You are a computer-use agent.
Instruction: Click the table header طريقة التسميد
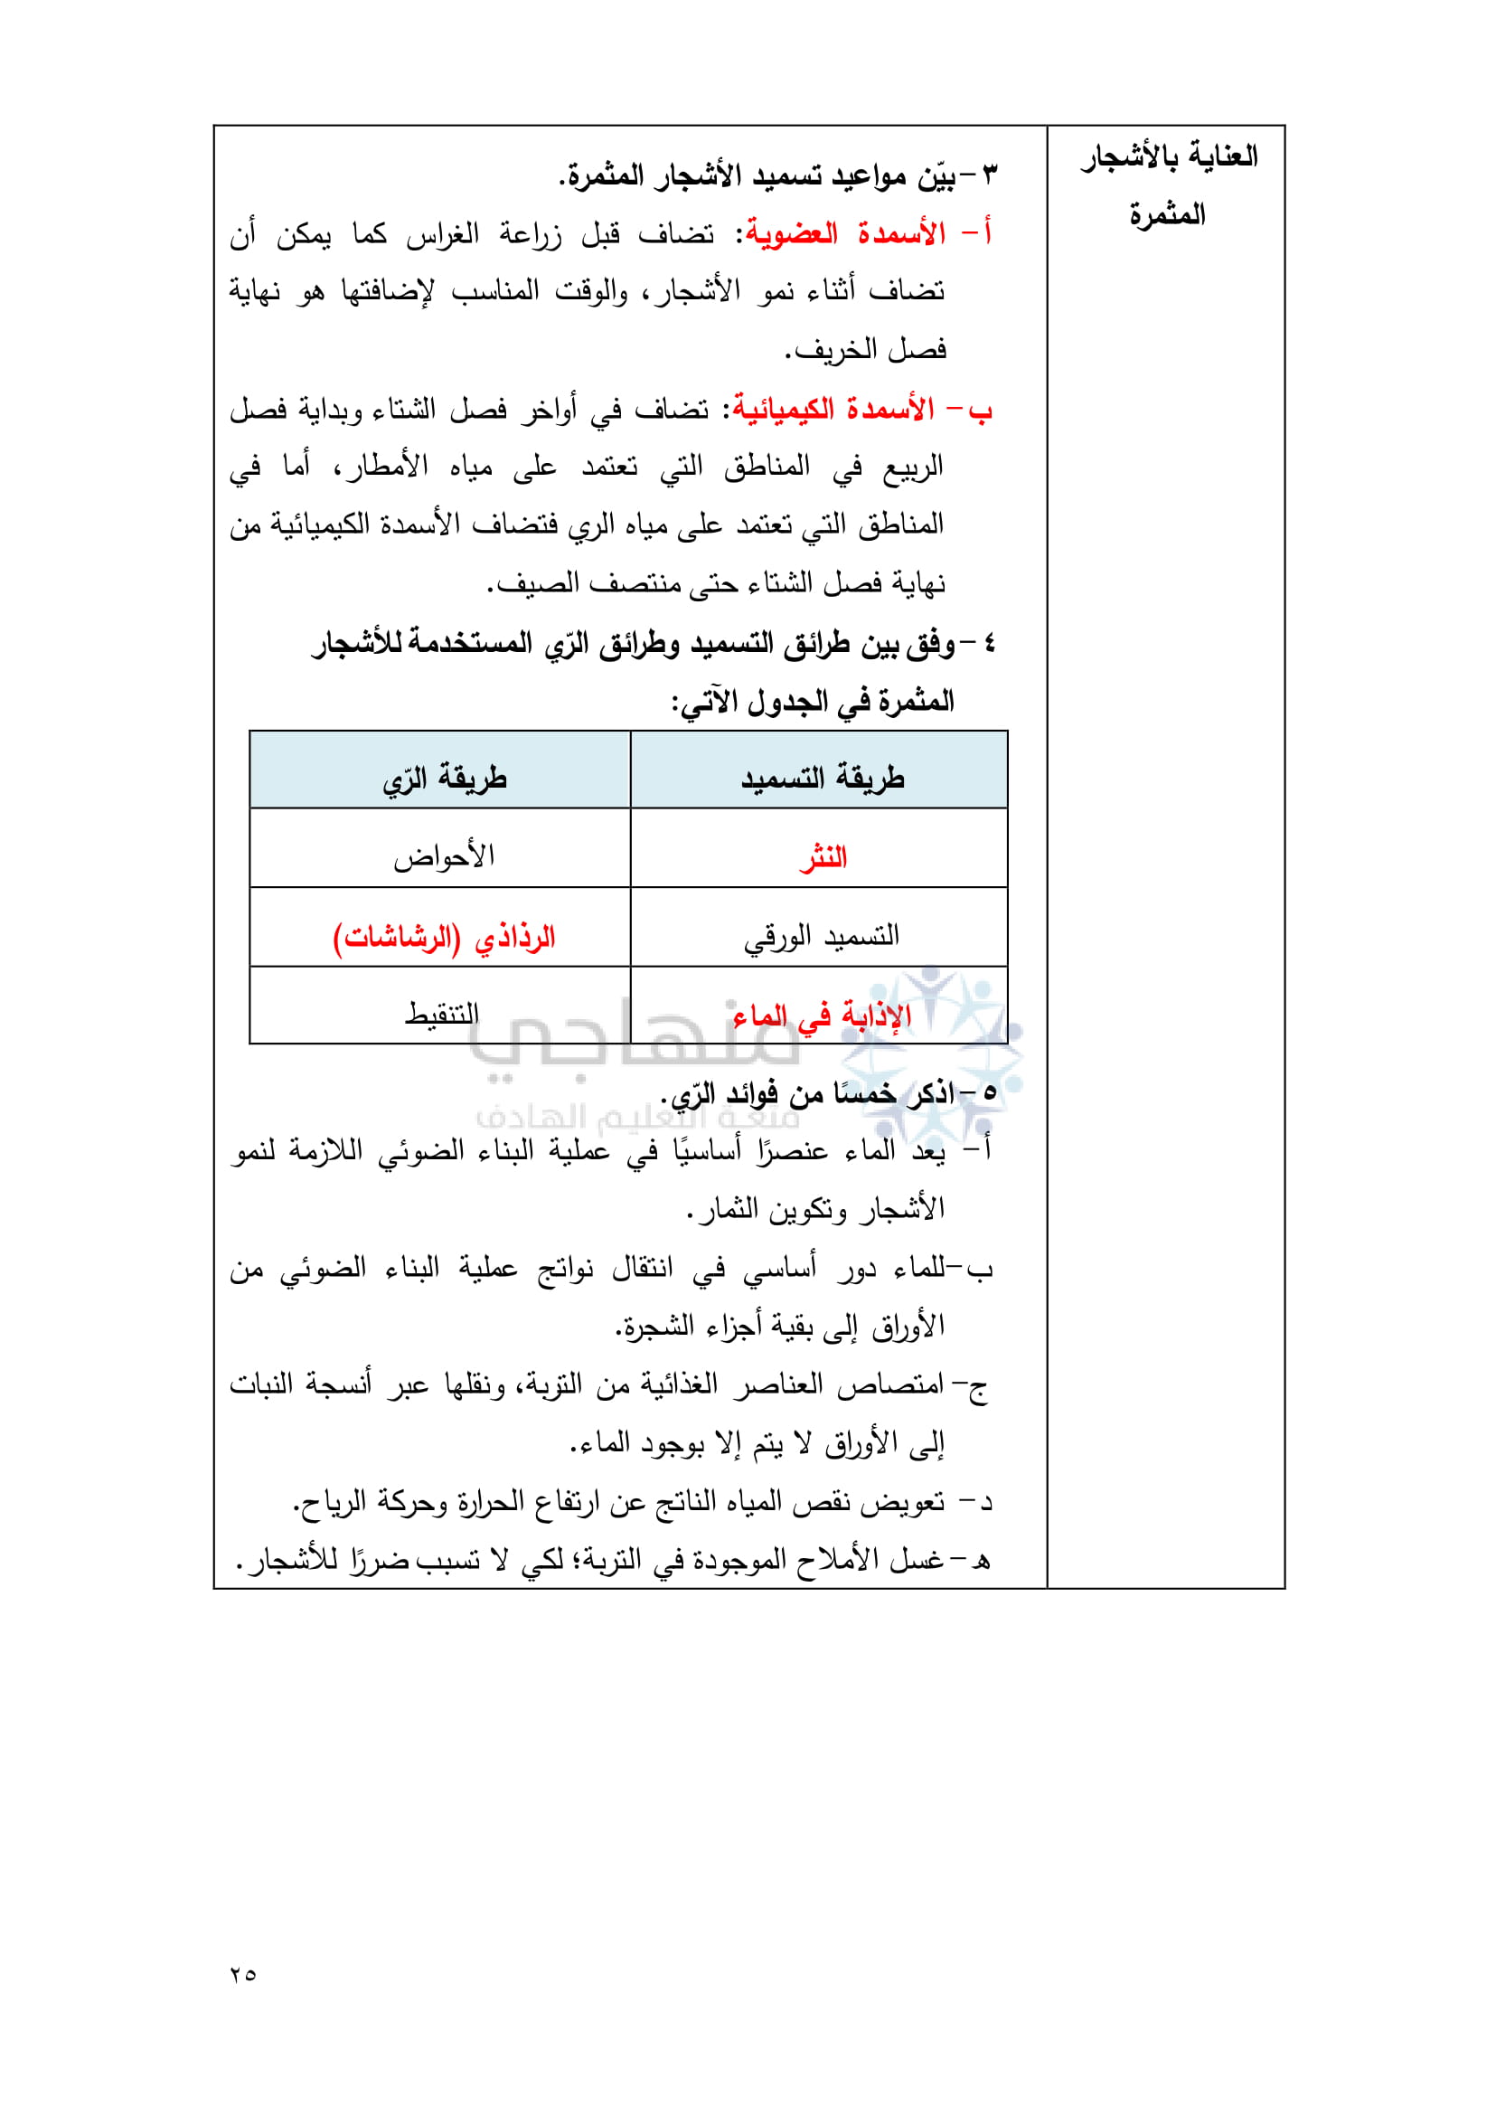tap(822, 779)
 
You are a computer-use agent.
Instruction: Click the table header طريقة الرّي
tap(445, 779)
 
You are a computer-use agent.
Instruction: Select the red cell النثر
tap(823, 858)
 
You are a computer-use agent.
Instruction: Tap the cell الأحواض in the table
tap(444, 857)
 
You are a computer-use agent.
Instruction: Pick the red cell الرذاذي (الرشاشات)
tap(444, 936)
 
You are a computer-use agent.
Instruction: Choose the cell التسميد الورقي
tap(822, 936)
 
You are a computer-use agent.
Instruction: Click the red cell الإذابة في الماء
tap(822, 1015)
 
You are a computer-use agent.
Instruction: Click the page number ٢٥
tap(243, 1974)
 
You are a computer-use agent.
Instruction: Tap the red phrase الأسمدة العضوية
tap(846, 234)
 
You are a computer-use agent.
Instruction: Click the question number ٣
tap(990, 175)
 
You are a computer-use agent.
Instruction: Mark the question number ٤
tap(990, 643)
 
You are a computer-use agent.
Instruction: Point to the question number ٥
tap(990, 1093)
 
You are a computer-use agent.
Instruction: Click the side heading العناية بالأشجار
tap(1169, 156)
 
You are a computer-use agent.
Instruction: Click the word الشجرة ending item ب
tap(656, 1327)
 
